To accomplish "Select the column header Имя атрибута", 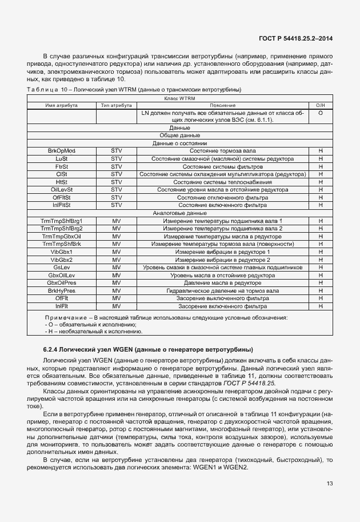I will tap(62, 106).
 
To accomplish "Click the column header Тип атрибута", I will tap(117, 106).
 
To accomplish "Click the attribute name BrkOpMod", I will tap(62, 150).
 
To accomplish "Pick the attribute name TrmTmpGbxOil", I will tap(62, 236).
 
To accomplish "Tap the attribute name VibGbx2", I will tap(62, 259).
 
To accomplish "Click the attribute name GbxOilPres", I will tap(62, 282).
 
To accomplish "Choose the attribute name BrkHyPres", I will tap(62, 290).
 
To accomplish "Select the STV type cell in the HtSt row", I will tap(117, 181).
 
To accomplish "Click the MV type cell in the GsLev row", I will tap(117, 267).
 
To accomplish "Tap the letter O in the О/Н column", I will tap(321, 113).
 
